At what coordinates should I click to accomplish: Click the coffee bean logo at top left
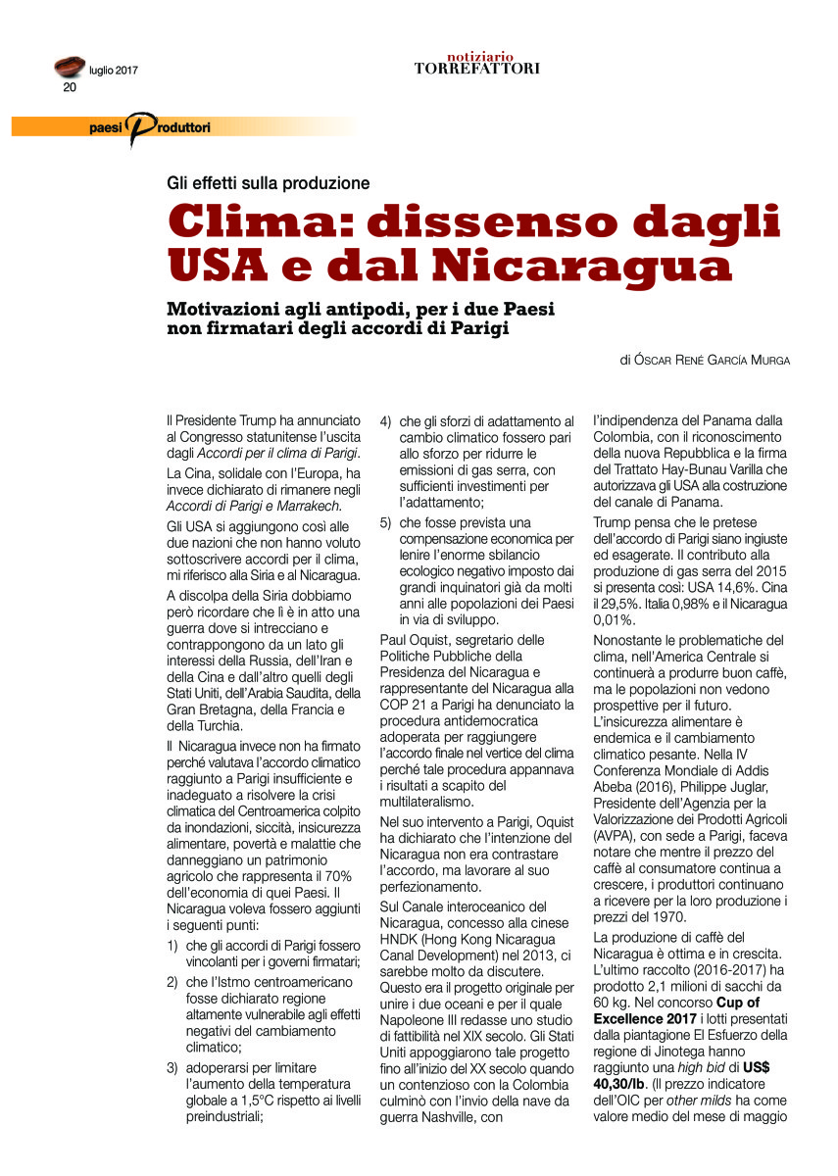[x=69, y=67]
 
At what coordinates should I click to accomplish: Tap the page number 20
[x=70, y=87]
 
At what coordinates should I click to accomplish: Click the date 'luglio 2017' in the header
[x=114, y=70]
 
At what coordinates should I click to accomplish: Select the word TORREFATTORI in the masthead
[x=476, y=69]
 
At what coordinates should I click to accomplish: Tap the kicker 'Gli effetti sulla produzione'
[x=268, y=183]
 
